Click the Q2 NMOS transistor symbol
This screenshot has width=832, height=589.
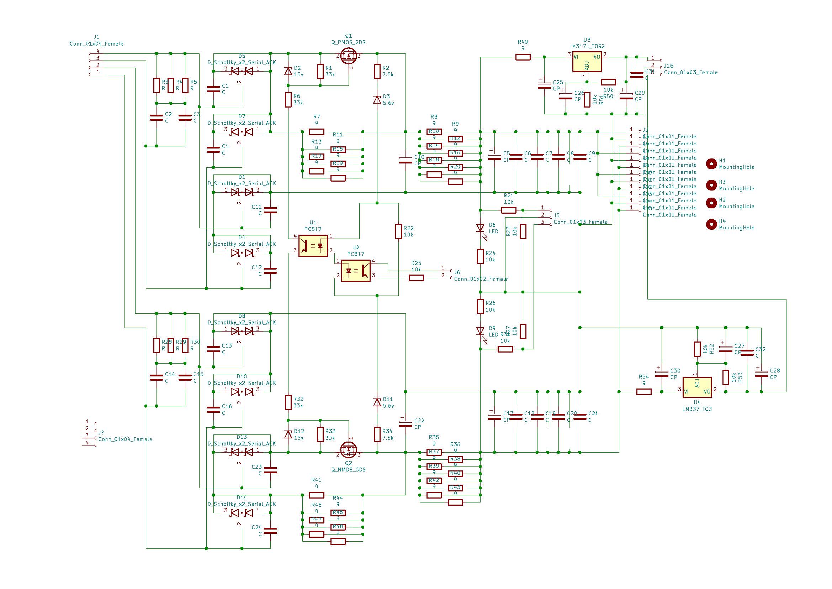[349, 450]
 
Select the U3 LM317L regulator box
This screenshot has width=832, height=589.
[587, 61]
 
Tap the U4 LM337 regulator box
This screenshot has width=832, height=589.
[697, 388]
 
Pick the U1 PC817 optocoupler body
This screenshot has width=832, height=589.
[313, 246]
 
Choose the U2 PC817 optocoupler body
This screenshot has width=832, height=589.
[356, 271]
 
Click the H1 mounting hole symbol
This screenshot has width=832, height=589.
[712, 164]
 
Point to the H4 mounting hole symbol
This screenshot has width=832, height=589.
[712, 224]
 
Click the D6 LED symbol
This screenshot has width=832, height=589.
[480, 228]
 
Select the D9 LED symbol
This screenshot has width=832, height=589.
[480, 331]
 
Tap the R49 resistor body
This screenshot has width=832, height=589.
[523, 57]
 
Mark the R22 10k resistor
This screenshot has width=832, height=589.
[399, 231]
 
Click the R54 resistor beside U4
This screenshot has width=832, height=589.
[644, 392]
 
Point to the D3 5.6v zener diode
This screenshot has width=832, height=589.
[377, 99]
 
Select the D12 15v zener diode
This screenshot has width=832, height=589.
[288, 434]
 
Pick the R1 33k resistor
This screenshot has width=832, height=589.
[320, 71]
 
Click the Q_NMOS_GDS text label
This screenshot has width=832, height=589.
[349, 470]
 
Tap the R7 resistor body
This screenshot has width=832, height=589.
[316, 132]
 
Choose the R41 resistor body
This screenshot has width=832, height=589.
[316, 495]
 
